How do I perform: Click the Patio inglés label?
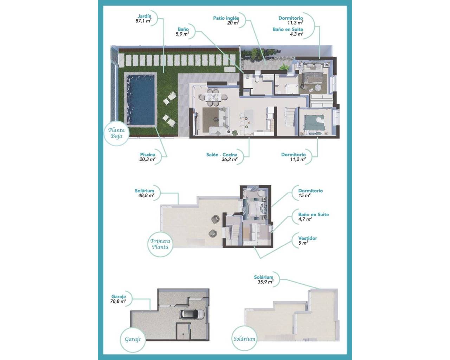pyautogui.click(x=226, y=20)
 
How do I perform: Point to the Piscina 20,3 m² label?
pyautogui.click(x=148, y=157)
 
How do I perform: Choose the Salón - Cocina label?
pyautogui.click(x=222, y=157)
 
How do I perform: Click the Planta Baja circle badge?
pyautogui.click(x=116, y=133)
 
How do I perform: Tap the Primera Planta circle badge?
pyautogui.click(x=160, y=244)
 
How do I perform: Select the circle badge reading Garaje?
pyautogui.click(x=133, y=339)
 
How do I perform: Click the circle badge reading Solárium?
pyautogui.click(x=244, y=339)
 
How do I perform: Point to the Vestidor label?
pyautogui.click(x=307, y=240)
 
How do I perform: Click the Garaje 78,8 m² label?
pyautogui.click(x=118, y=299)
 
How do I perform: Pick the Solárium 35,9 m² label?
pyautogui.click(x=264, y=279)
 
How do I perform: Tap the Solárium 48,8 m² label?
pyautogui.click(x=144, y=193)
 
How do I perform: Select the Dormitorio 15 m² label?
pyautogui.click(x=310, y=193)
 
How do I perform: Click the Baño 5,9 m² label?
pyautogui.click(x=183, y=32)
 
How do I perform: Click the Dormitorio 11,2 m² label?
pyautogui.click(x=293, y=157)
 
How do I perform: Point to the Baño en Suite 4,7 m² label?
pyautogui.click(x=313, y=217)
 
